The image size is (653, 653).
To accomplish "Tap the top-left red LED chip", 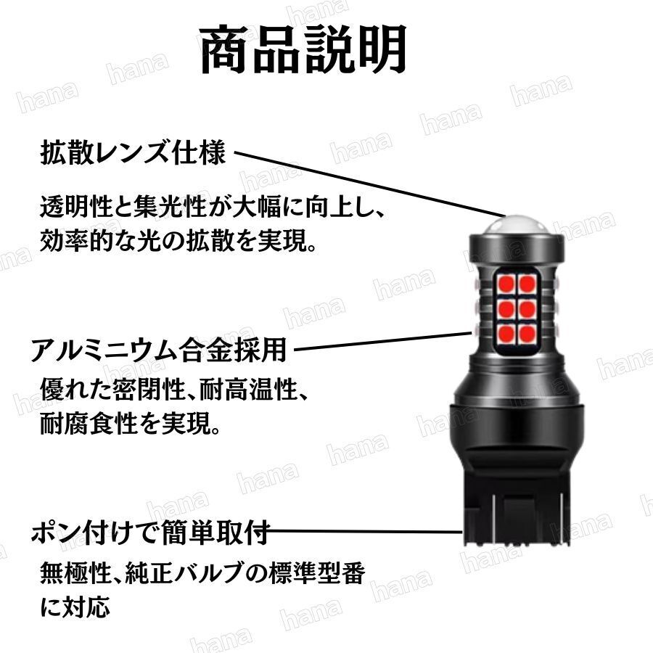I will pos(506,282).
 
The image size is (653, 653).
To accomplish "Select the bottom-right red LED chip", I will pos(527,334).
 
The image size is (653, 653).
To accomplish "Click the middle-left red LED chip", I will pos(506,308).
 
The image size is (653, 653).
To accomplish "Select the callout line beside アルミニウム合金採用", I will pos(381,342).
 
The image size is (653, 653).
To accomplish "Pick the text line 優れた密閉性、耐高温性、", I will pos(175,393).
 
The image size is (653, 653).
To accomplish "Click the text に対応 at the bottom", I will pos(75,605).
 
